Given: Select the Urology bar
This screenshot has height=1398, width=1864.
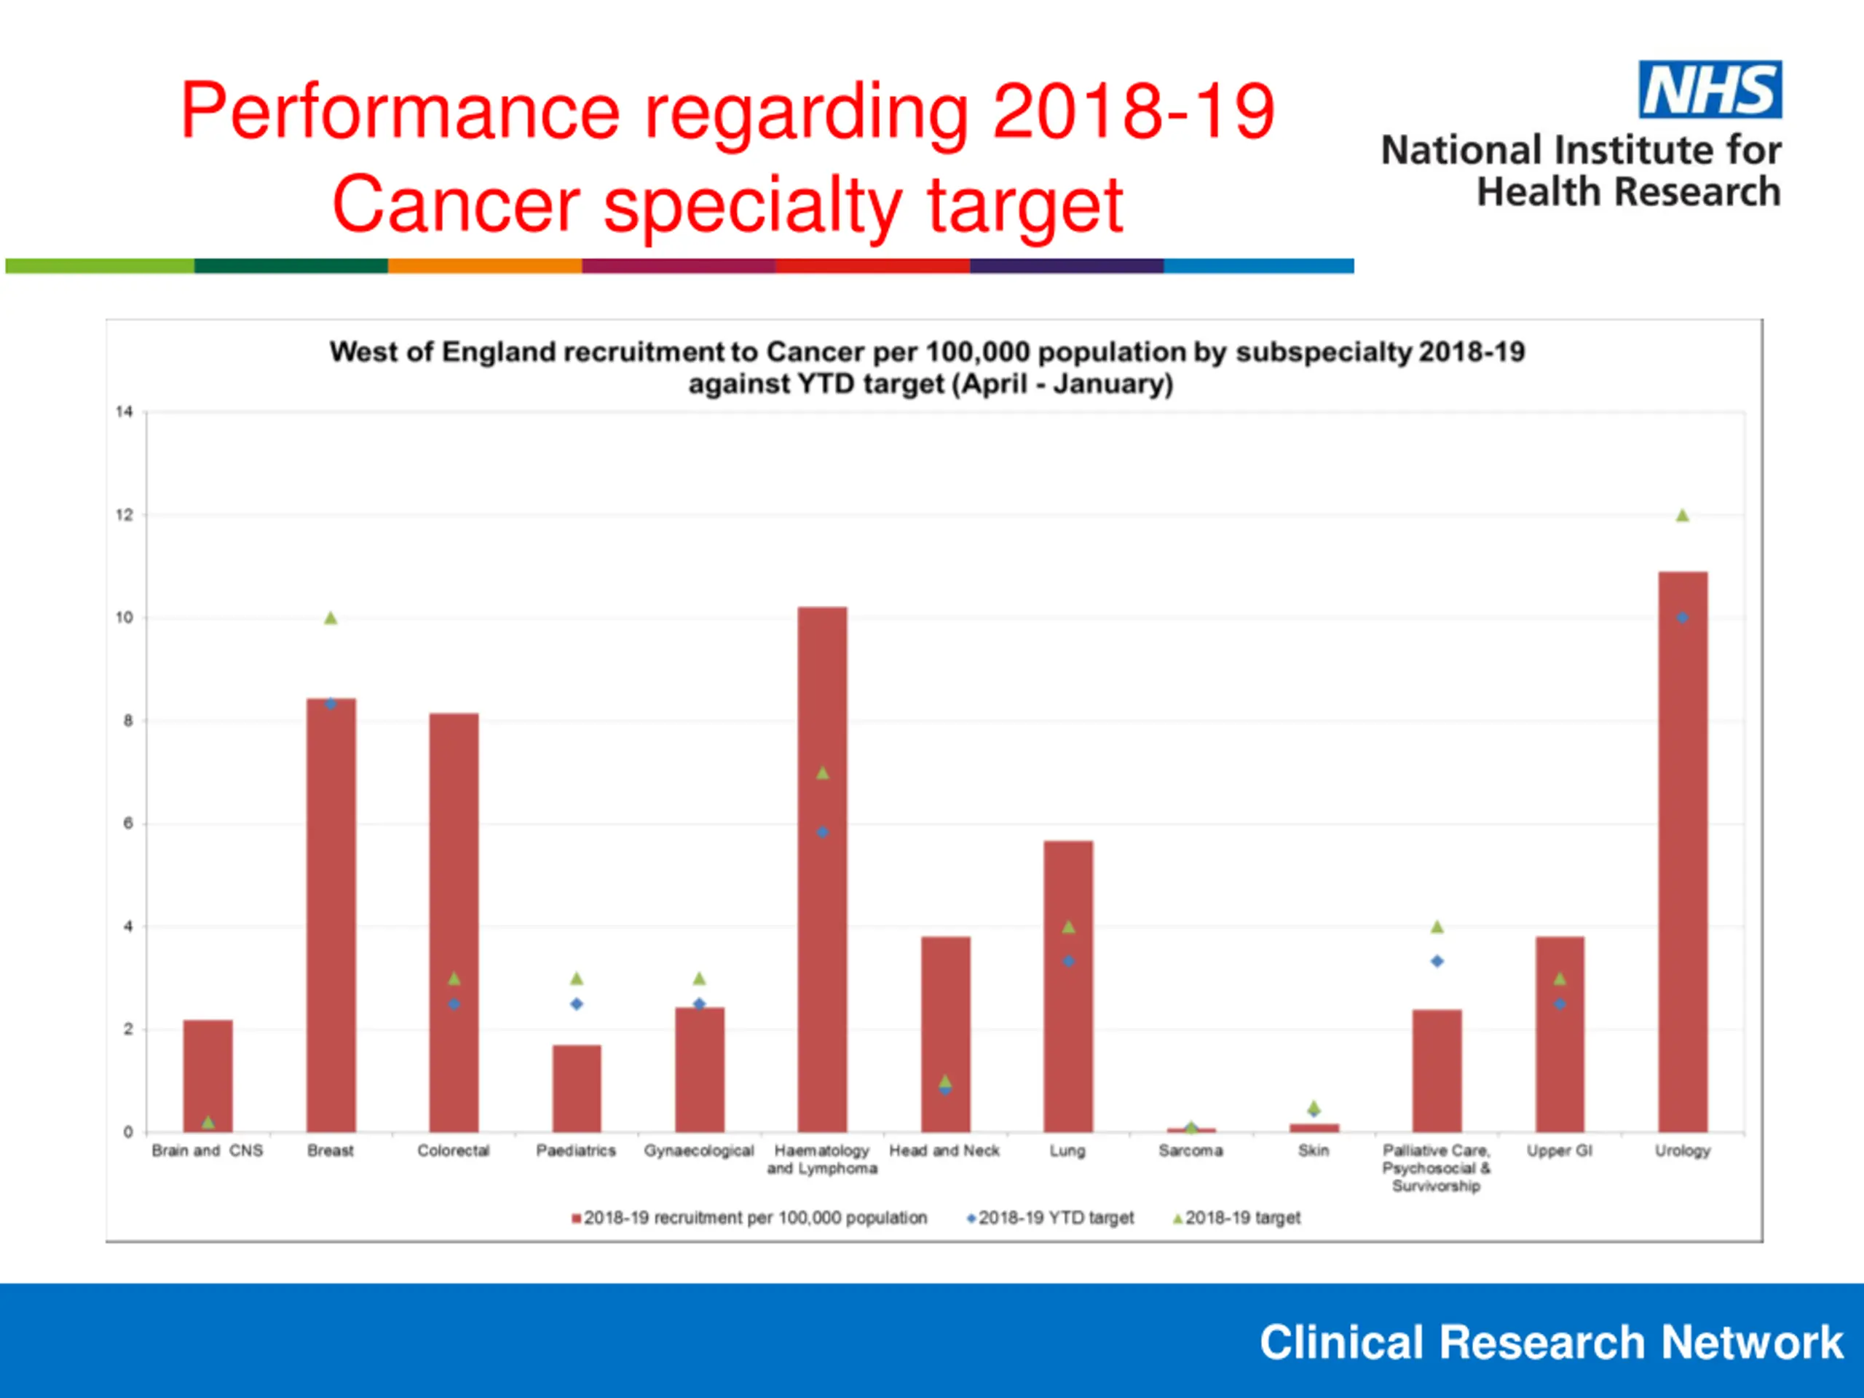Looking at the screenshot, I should click(1682, 851).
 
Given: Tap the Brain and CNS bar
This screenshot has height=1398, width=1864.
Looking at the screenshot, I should click(208, 1075).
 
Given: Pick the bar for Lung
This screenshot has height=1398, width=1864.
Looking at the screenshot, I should click(1067, 986).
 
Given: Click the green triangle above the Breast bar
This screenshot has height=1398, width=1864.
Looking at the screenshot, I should click(331, 618).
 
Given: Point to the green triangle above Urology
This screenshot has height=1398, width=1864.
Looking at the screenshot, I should click(1682, 516).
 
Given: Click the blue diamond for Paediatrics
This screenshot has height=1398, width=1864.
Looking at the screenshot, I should click(577, 1003).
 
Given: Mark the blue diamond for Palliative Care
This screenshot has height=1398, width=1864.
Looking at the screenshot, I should click(1437, 960).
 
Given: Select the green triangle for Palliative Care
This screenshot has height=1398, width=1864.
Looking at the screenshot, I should click(1437, 927).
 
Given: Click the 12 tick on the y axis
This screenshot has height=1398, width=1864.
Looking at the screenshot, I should click(125, 515).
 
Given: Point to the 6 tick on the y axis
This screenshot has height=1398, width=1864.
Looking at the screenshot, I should click(128, 824).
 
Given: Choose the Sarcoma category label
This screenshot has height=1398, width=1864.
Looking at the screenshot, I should click(1190, 1150).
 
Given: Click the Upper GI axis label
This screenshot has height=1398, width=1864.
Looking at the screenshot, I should click(1559, 1150).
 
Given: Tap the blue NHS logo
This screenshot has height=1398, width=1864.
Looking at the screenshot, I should click(1710, 90).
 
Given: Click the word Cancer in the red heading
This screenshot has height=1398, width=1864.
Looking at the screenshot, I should click(455, 205).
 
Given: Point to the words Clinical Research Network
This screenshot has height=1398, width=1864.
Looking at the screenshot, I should click(1550, 1343).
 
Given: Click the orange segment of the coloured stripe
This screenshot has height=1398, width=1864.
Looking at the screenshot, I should click(484, 266).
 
